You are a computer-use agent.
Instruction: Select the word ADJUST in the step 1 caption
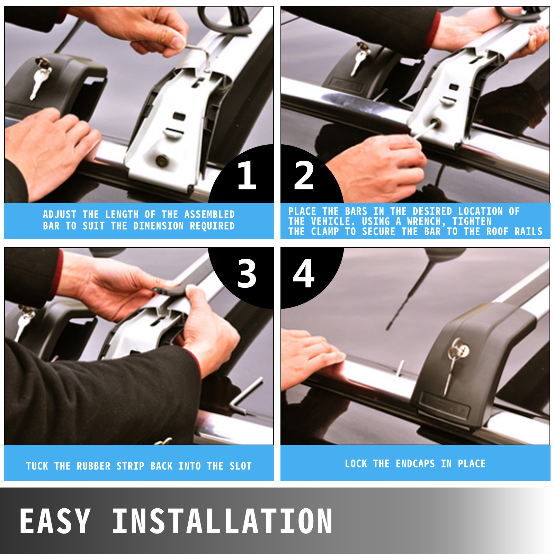60,214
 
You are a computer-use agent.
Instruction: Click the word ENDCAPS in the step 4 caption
415,464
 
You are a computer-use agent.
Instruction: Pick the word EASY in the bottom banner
55,521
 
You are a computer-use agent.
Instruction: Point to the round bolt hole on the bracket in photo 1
162,160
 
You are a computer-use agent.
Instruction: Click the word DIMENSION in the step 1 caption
159,226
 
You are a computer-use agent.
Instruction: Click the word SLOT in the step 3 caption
240,466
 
